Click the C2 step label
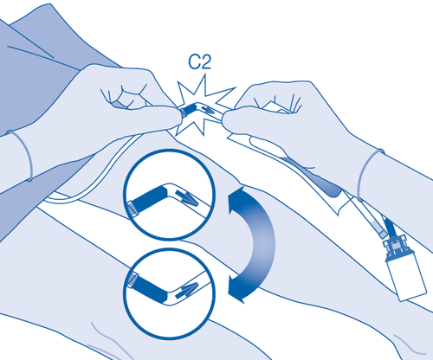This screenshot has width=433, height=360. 200,61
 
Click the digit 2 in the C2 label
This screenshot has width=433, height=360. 206,61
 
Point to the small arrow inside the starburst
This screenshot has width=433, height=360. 208,110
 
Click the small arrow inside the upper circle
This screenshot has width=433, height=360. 187,196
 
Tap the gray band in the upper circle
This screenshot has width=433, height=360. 132,209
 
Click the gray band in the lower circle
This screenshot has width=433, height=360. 132,279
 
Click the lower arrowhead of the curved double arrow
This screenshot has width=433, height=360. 237,288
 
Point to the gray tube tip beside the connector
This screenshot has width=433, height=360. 379,230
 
